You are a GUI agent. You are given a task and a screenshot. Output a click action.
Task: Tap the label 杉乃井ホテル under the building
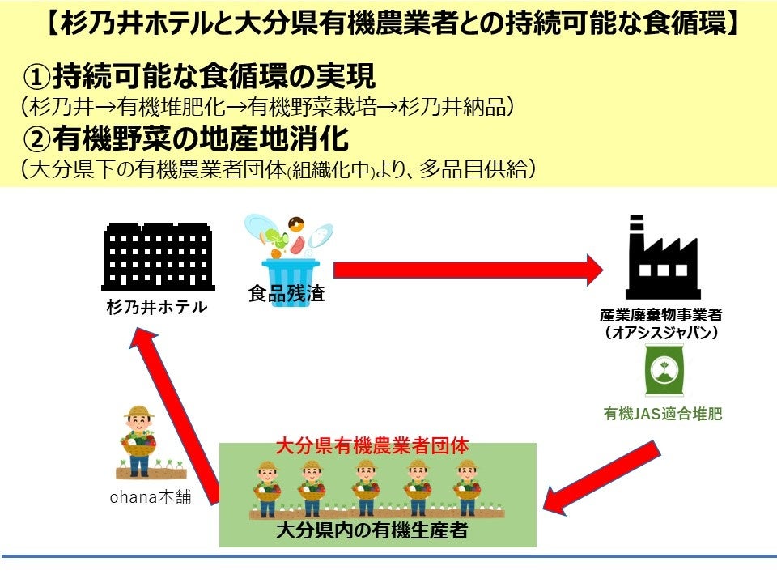click(x=156, y=308)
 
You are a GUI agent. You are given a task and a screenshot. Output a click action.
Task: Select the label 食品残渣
click(x=287, y=294)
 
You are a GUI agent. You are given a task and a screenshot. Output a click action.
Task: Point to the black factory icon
click(x=663, y=257)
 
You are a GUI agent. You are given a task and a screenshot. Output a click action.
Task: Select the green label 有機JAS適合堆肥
click(x=663, y=415)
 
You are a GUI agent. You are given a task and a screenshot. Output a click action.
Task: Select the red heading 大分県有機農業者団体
click(x=372, y=445)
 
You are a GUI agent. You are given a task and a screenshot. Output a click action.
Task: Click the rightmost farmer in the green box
click(x=467, y=487)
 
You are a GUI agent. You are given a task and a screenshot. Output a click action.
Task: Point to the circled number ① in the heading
click(x=37, y=78)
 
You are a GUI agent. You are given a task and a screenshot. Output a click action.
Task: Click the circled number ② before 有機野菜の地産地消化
click(x=37, y=139)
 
